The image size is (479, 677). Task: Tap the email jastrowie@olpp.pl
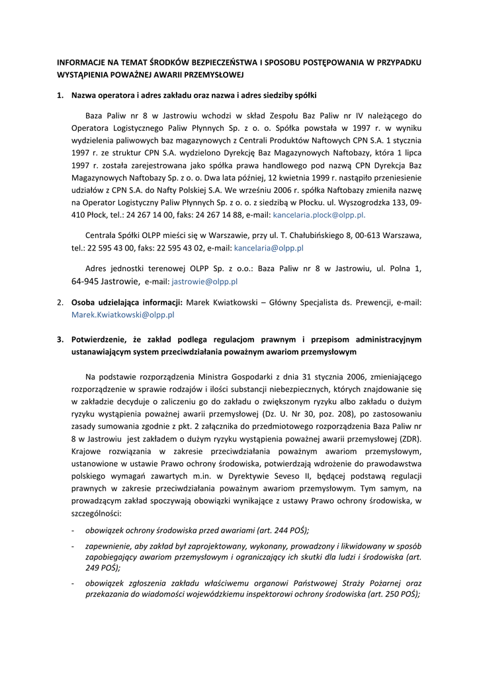coord(204,281)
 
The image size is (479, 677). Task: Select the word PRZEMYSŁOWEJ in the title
coord(214,74)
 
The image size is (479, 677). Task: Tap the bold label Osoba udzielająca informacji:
coord(127,302)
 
